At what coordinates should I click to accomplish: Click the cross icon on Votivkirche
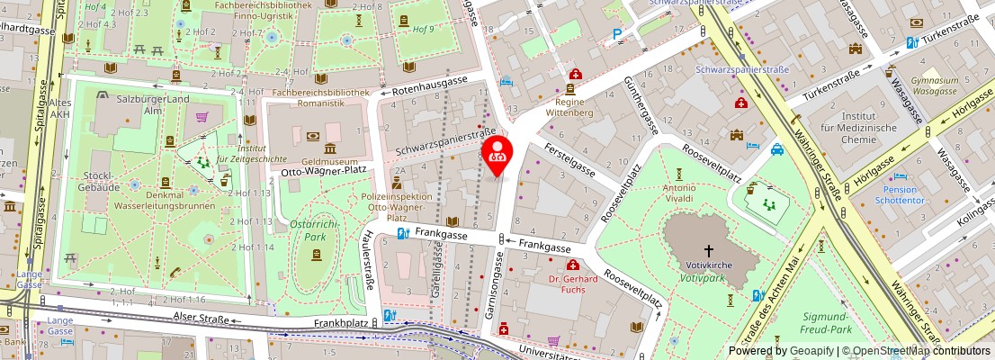(708, 250)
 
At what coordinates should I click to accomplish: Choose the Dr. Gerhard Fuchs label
(573, 285)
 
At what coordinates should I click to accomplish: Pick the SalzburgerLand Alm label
(153, 104)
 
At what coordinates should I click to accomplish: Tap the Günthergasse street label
(641, 106)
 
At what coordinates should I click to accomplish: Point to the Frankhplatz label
(341, 323)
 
